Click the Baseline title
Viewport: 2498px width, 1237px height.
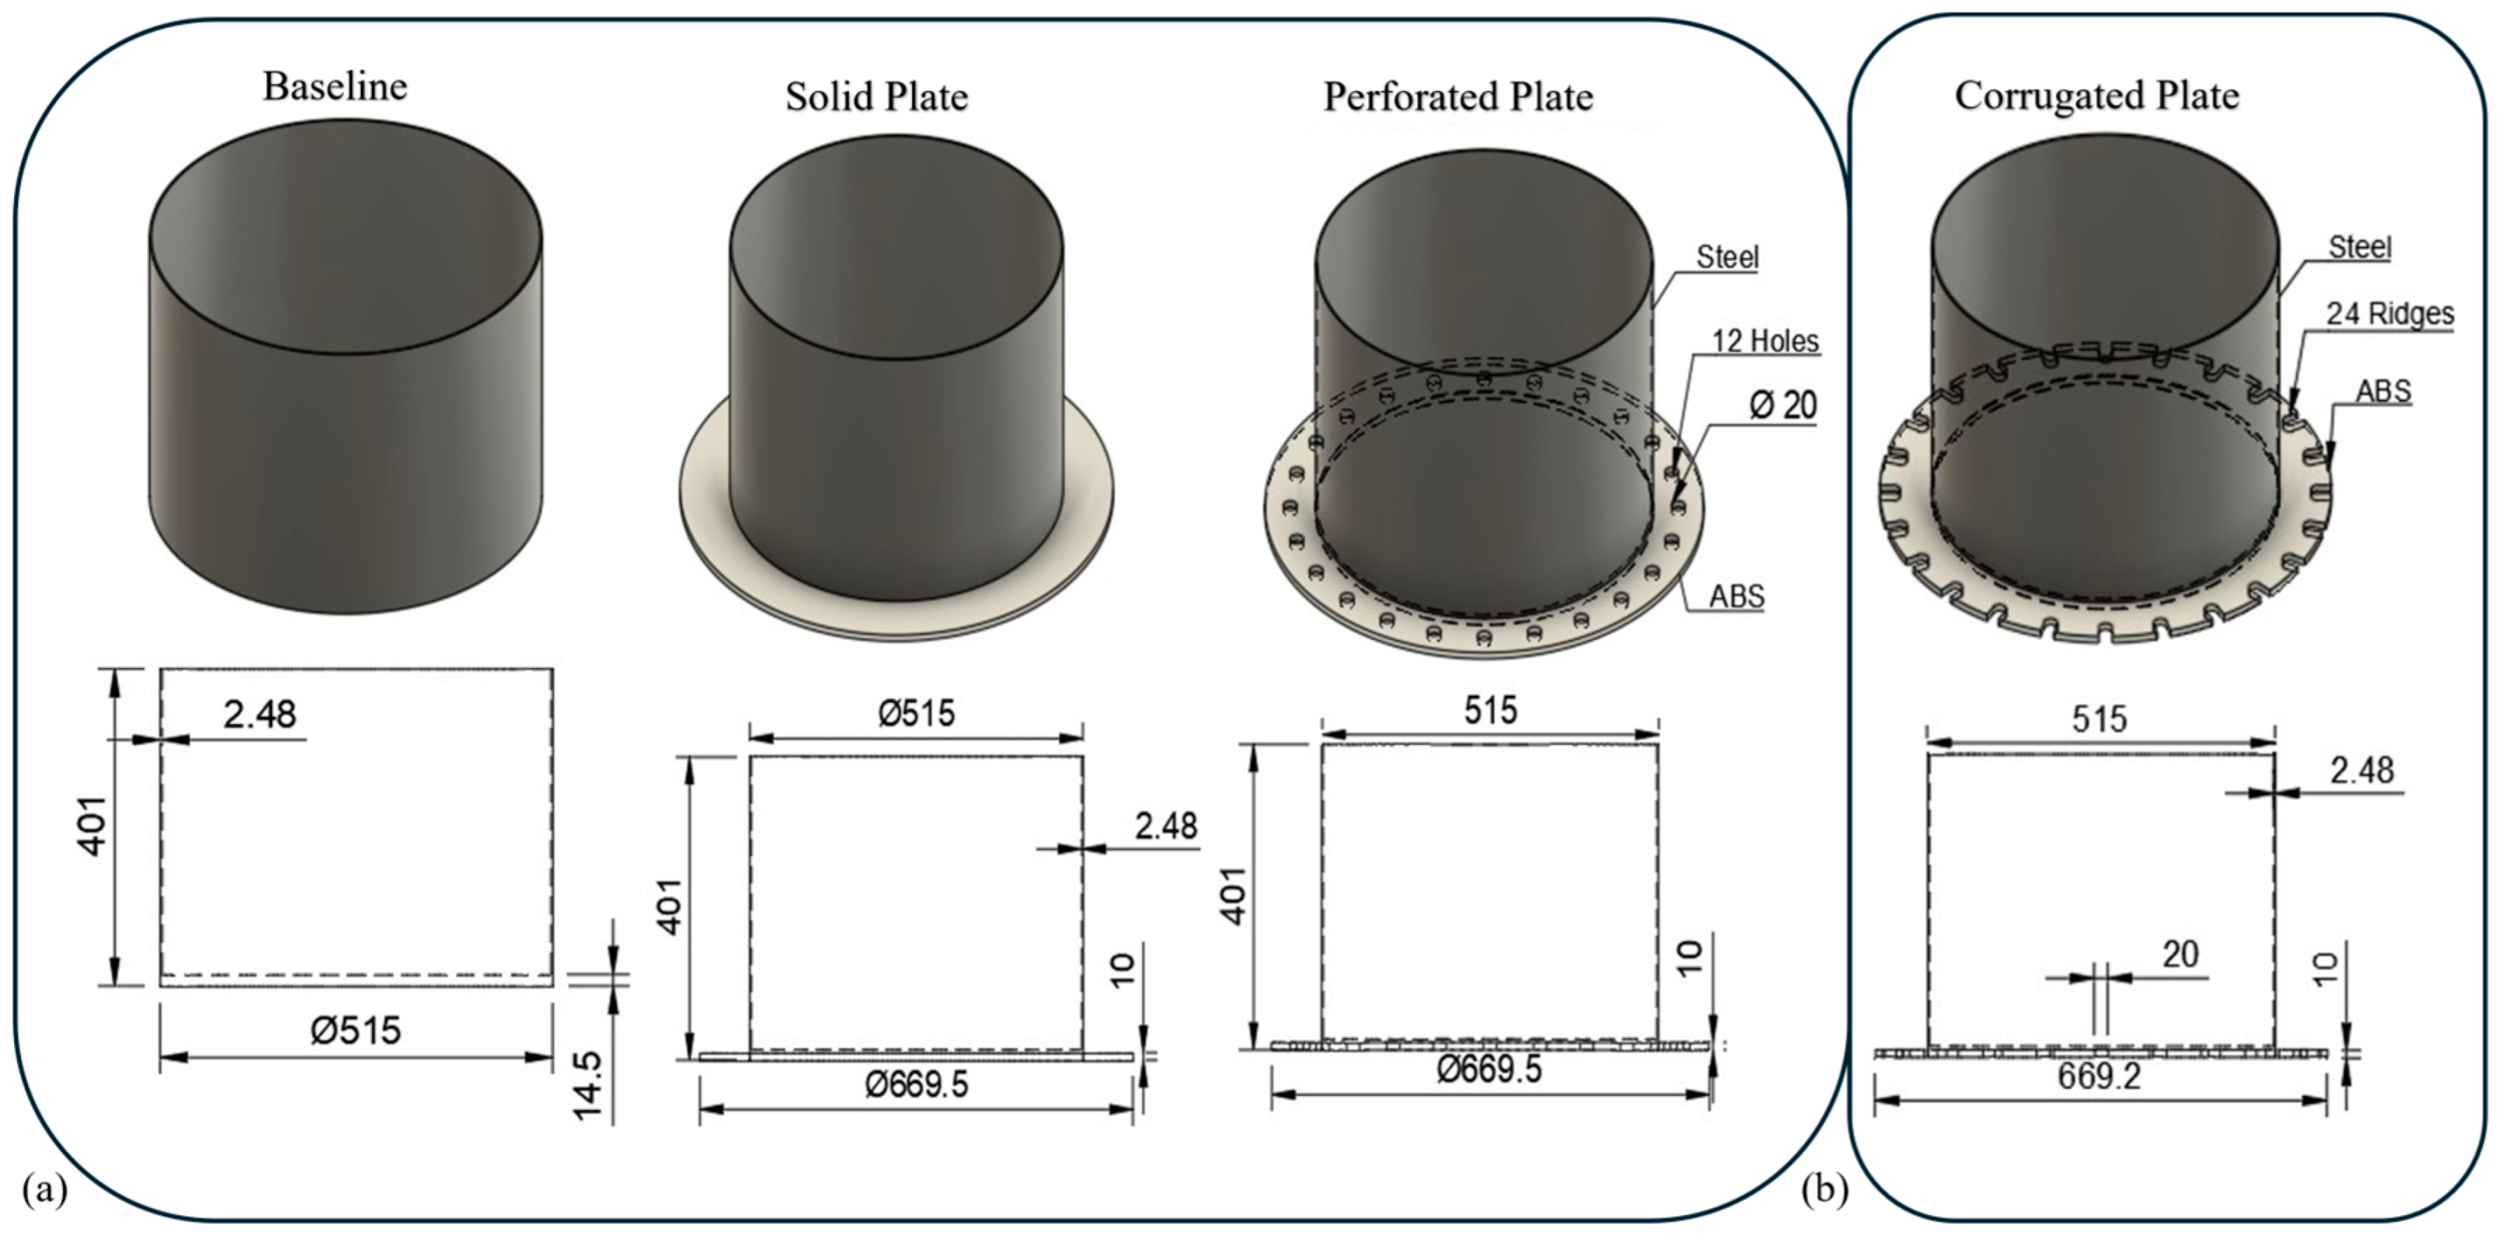334,87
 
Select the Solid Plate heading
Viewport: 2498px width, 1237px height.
877,97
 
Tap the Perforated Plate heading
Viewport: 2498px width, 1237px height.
1458,97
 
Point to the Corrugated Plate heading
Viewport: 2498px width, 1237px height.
2097,96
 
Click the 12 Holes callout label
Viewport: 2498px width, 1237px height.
1765,341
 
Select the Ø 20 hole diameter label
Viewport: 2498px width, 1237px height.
1783,405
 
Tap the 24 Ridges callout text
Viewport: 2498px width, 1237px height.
2390,314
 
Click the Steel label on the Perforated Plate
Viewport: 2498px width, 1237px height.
1727,258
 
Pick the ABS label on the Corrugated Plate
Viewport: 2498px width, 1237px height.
2383,391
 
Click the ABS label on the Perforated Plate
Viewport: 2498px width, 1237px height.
1736,596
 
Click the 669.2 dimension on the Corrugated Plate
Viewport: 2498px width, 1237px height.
2100,1077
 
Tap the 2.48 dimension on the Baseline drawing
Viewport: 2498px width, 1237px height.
259,715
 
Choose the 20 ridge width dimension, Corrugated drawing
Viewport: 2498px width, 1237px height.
2180,955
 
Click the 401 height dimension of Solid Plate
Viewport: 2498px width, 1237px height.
671,907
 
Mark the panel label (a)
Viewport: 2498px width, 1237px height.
44,1189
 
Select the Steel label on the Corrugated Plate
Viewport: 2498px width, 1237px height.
2359,248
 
